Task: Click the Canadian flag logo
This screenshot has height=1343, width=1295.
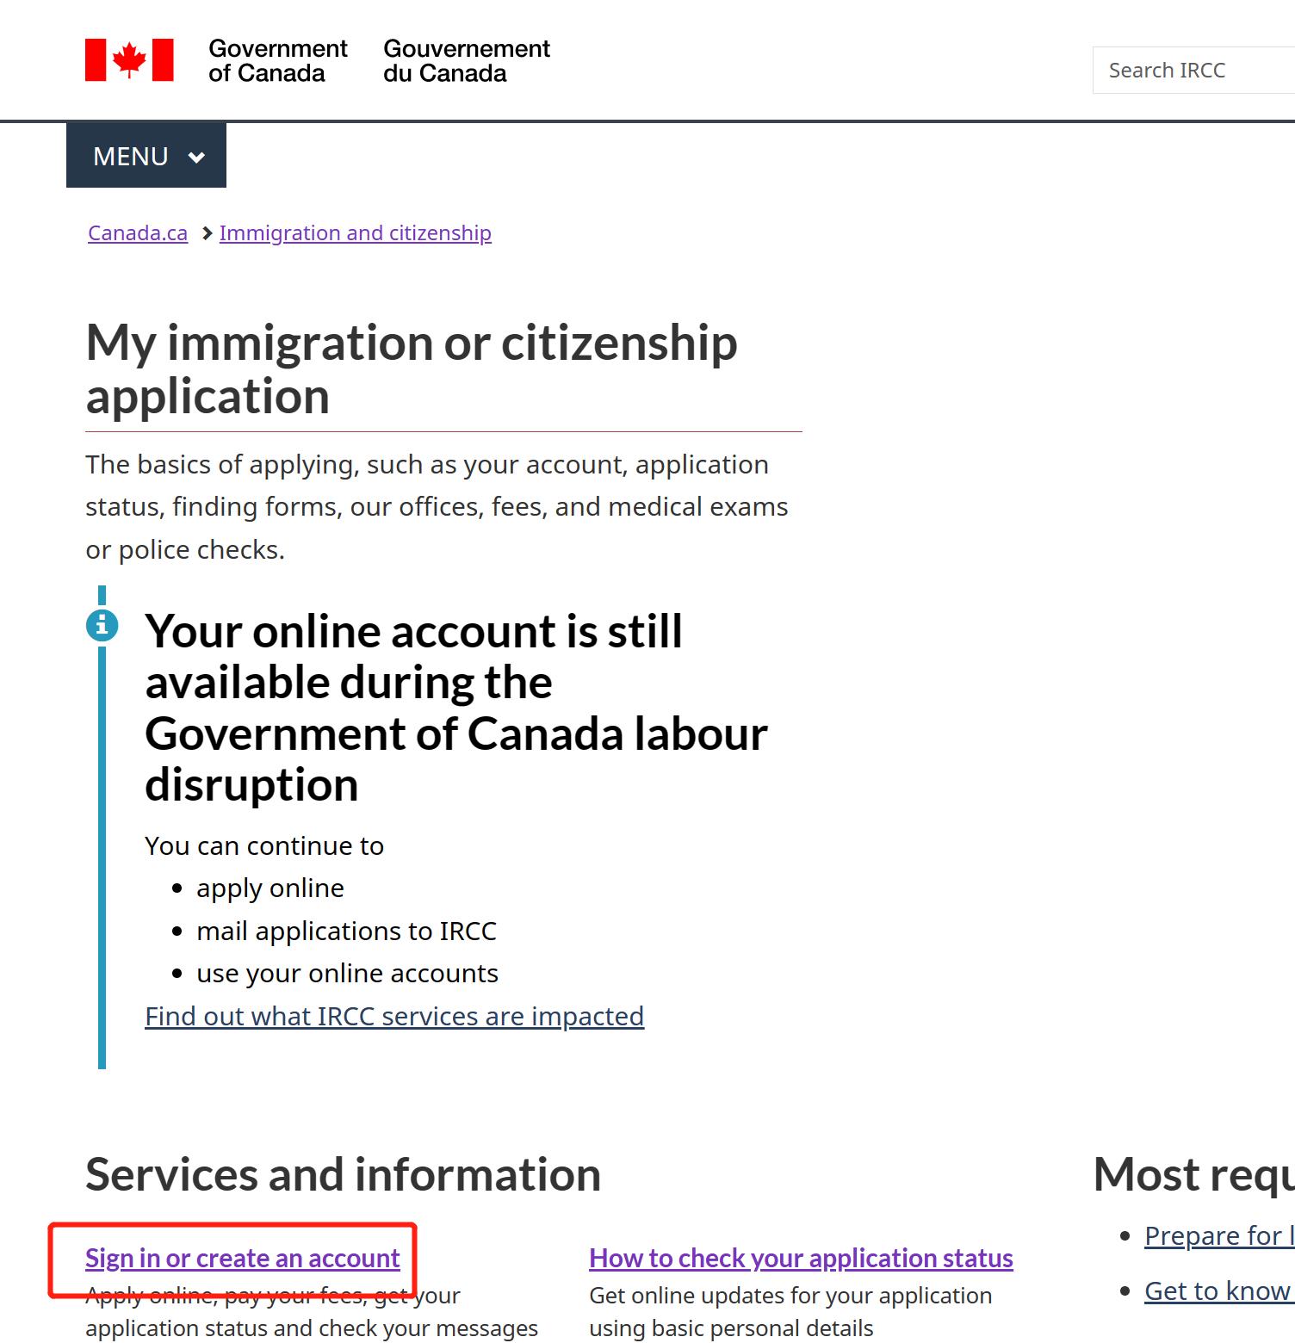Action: click(x=129, y=60)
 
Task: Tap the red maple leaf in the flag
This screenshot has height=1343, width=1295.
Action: click(x=129, y=59)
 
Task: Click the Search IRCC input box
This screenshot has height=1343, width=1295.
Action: click(x=1193, y=71)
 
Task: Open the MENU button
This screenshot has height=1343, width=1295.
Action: click(x=146, y=156)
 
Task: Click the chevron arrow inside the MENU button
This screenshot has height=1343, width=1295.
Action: click(x=196, y=158)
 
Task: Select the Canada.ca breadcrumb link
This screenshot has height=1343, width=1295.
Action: click(x=138, y=233)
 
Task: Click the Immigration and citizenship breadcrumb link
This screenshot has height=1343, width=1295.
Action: click(x=355, y=233)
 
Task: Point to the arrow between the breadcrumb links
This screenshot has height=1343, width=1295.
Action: click(x=207, y=233)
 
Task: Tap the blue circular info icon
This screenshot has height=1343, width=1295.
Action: click(x=102, y=625)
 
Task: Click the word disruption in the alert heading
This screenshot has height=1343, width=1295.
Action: click(x=251, y=785)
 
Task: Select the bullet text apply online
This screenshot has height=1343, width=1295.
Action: click(x=270, y=888)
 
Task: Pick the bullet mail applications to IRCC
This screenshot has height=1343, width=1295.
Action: click(x=346, y=931)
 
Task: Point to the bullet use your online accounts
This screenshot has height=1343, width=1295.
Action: click(x=347, y=974)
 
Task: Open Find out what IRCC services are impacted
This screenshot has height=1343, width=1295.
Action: click(x=393, y=1017)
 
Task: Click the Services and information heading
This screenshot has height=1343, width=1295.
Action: click(x=343, y=1174)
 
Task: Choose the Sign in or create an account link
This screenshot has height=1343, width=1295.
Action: click(x=242, y=1259)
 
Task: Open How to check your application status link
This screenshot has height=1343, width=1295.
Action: click(x=800, y=1259)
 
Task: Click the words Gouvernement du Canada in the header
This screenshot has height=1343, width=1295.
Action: click(x=466, y=61)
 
